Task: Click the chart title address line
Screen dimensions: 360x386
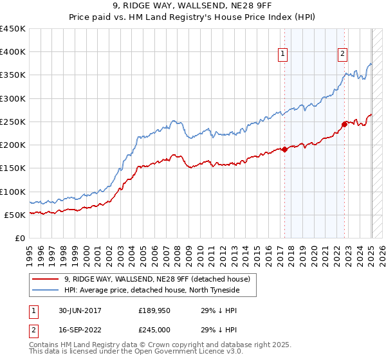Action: [192, 7]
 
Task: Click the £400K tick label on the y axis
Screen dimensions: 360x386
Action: [13, 52]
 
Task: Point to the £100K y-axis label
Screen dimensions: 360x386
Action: [13, 192]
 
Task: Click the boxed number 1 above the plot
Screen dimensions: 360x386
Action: [283, 54]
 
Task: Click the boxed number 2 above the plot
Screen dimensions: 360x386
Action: [342, 54]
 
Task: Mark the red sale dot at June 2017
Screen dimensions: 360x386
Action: [284, 150]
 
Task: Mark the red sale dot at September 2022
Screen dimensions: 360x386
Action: [344, 124]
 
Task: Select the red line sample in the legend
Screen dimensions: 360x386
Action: [46, 279]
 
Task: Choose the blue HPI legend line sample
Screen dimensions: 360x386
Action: [46, 291]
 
